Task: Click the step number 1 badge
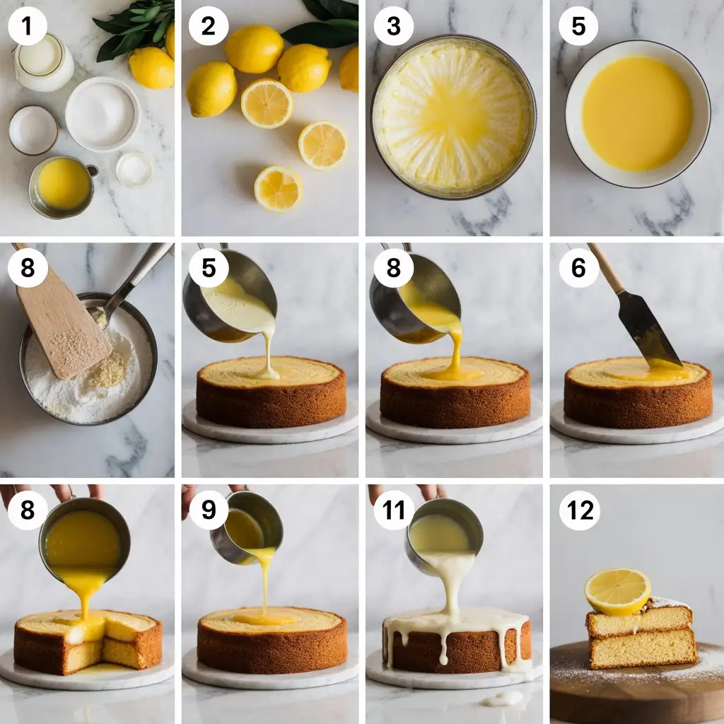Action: (28, 26)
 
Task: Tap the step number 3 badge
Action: (393, 26)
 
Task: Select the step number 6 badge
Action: (578, 268)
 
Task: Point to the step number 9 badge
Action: (209, 510)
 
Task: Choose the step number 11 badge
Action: (393, 510)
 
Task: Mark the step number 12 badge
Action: (580, 510)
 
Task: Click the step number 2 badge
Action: (209, 26)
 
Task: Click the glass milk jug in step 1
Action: (44, 62)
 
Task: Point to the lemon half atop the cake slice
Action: (617, 592)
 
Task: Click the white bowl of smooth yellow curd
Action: (638, 114)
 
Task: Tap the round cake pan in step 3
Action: (453, 117)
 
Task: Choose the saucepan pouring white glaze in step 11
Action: (444, 536)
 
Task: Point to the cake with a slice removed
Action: (88, 643)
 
